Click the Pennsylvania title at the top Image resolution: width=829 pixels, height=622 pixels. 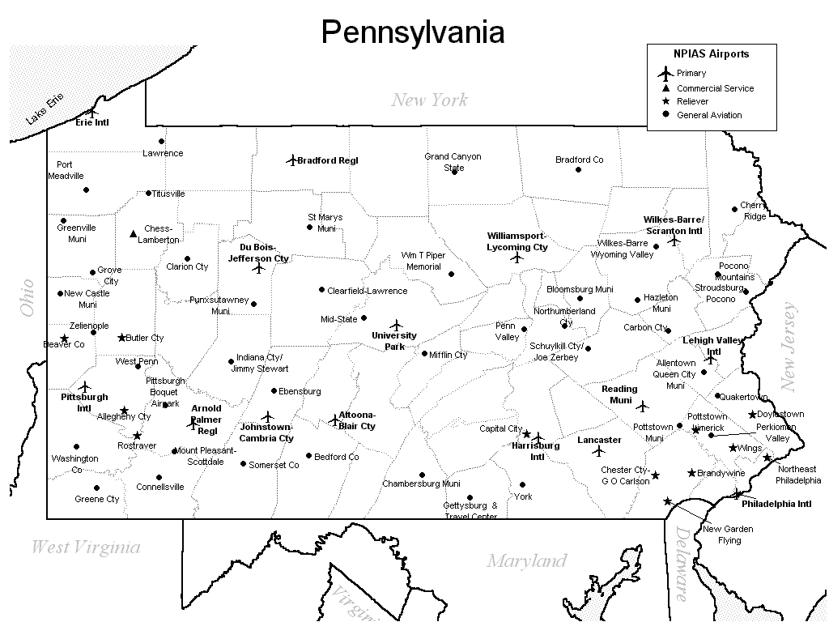pyautogui.click(x=413, y=32)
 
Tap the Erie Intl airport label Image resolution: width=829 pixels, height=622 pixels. pyautogui.click(x=91, y=123)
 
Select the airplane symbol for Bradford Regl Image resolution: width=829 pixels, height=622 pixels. pyautogui.click(x=292, y=160)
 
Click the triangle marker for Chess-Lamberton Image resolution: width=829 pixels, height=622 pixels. pyautogui.click(x=134, y=234)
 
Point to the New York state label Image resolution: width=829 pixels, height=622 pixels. pyautogui.click(x=429, y=100)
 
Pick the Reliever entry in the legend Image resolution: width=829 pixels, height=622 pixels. pyautogui.click(x=692, y=101)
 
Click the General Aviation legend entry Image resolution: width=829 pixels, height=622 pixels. pyautogui.click(x=708, y=115)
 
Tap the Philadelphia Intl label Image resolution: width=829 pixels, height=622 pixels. pyautogui.click(x=776, y=504)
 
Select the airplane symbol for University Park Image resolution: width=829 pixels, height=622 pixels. pyautogui.click(x=396, y=325)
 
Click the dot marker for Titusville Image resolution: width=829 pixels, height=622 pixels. pyautogui.click(x=148, y=194)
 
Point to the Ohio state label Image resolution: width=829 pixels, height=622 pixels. pyautogui.click(x=27, y=297)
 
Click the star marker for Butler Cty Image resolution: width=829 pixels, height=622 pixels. pyautogui.click(x=122, y=338)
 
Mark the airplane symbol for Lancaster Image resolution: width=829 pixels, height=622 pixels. pyautogui.click(x=599, y=451)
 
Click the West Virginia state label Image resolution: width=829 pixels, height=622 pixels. pyautogui.click(x=85, y=547)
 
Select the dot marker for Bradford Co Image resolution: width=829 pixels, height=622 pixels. pyautogui.click(x=578, y=169)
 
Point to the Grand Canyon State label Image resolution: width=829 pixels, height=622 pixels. pyautogui.click(x=453, y=162)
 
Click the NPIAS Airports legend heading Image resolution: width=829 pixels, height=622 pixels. pyautogui.click(x=711, y=54)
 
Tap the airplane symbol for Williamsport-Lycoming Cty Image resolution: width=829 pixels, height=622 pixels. pyautogui.click(x=517, y=258)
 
